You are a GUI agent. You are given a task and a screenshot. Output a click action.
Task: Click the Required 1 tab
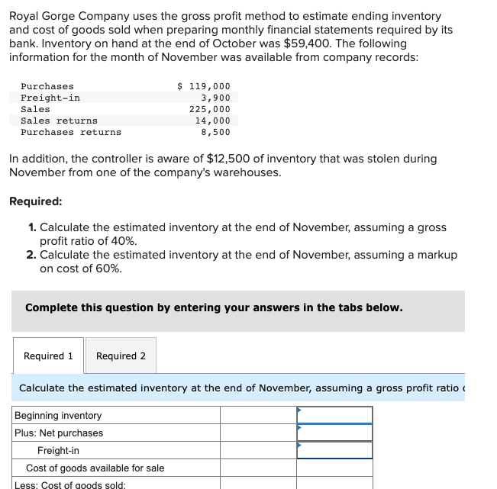(48, 356)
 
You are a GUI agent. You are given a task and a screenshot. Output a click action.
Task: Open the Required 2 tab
(121, 356)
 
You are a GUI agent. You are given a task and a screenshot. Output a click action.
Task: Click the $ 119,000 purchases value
(204, 87)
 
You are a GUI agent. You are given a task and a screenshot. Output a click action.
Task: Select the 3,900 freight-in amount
(215, 98)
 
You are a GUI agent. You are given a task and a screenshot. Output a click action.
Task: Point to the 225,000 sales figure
(210, 109)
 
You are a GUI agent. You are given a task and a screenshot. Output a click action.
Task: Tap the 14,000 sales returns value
(212, 121)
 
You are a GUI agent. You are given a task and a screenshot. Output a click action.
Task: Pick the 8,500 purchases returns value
(215, 132)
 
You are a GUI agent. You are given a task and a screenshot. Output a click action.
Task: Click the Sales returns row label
(59, 121)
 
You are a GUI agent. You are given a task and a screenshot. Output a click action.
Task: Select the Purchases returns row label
(70, 132)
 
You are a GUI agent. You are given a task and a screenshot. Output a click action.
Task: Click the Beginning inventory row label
(58, 416)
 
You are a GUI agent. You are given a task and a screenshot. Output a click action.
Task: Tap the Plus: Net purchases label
(59, 433)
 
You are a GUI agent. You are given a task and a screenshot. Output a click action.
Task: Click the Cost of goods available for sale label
(95, 468)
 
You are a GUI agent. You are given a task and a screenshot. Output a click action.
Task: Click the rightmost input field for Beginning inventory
(334, 416)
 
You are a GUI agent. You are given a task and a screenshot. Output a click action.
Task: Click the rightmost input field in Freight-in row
(334, 450)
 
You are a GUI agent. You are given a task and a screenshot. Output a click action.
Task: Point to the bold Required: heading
(36, 201)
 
